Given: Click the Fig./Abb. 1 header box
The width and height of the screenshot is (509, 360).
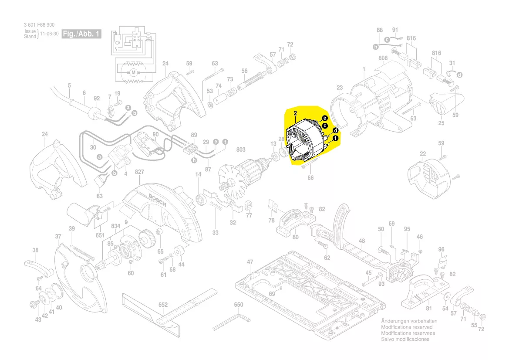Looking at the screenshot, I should [82, 34].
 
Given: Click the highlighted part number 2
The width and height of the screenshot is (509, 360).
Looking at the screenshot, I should [295, 113].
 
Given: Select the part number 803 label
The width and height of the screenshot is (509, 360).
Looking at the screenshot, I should [241, 149].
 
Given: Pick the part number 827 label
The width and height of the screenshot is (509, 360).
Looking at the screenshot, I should [139, 172].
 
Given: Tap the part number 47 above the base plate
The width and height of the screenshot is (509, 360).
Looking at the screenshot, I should [250, 262].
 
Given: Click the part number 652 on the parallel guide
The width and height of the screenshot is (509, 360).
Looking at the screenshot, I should [163, 306].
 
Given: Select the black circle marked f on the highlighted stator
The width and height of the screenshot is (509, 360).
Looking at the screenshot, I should [336, 139].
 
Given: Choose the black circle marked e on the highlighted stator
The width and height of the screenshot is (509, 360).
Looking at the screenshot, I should [325, 118].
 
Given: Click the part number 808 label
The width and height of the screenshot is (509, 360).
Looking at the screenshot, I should [383, 58].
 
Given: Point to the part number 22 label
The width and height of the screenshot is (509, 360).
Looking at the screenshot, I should [423, 153].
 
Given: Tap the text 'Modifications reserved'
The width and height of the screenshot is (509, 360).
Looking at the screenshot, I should [407, 327].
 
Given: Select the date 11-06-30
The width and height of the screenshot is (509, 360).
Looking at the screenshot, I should [49, 34].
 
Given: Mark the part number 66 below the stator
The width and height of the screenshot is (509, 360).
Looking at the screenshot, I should [310, 177].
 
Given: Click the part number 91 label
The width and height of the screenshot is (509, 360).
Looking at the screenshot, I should [395, 30].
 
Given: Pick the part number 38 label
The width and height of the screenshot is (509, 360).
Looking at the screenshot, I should [35, 250].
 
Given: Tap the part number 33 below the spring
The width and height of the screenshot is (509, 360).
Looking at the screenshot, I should [216, 233].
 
